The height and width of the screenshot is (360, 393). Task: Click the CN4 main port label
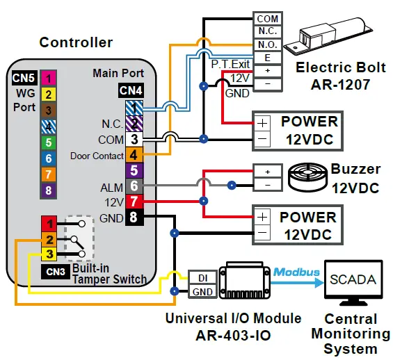[131, 90]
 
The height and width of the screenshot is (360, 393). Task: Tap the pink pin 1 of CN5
[48, 78]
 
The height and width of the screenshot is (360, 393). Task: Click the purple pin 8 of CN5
[48, 190]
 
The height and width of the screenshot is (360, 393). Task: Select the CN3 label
[55, 271]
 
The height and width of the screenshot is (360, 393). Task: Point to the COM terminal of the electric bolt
[268, 19]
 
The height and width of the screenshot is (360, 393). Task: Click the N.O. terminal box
[268, 44]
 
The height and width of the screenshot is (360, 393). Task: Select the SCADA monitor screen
[353, 281]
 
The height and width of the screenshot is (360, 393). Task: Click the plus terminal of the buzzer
[267, 171]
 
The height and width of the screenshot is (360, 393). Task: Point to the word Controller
[76, 42]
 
